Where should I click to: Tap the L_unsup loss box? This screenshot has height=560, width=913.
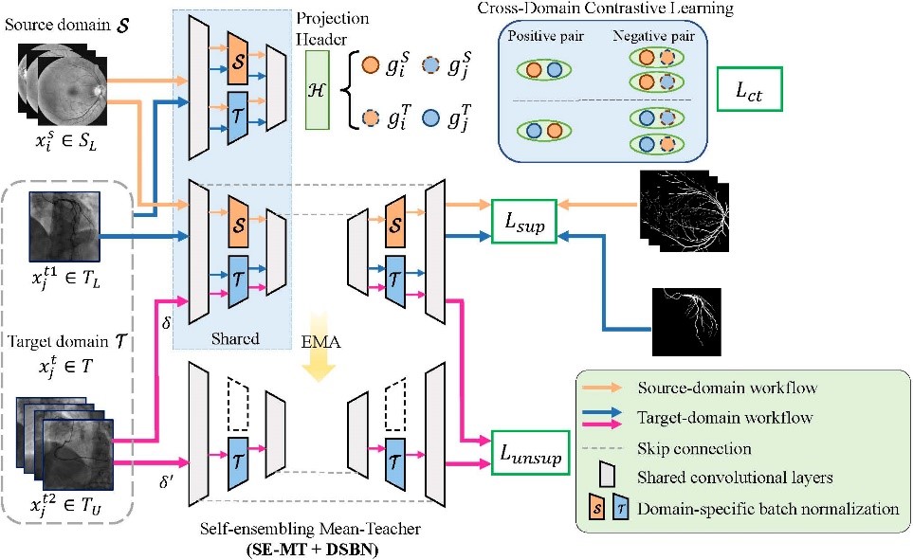click(530, 458)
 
